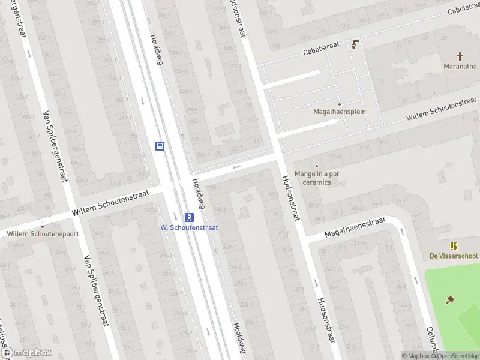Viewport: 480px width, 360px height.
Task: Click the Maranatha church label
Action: click(460, 66)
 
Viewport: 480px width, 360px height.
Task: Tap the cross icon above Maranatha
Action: click(460, 56)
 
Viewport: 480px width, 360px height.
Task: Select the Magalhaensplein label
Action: click(340, 112)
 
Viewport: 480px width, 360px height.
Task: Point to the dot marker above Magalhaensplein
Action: click(339, 104)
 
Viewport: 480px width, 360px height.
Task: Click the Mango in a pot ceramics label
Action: click(316, 178)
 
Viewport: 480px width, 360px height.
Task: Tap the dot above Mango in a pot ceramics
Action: click(316, 166)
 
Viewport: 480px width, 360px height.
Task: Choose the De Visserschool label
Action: click(454, 256)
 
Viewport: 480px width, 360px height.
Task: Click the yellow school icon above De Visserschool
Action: click(454, 245)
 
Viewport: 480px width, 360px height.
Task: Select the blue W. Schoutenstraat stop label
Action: click(189, 227)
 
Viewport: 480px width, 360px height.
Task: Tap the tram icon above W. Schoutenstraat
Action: click(189, 217)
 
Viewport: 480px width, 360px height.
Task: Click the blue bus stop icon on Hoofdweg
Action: click(160, 145)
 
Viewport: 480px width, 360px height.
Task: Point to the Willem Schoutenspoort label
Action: click(43, 234)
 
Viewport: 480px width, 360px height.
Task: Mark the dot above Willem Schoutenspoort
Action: click(43, 225)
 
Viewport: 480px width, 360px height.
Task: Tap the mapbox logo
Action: click(26, 353)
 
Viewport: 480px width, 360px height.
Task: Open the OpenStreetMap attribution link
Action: click(457, 356)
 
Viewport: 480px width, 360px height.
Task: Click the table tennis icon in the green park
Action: click(449, 300)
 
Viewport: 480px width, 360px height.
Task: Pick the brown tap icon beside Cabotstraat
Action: click(356, 43)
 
